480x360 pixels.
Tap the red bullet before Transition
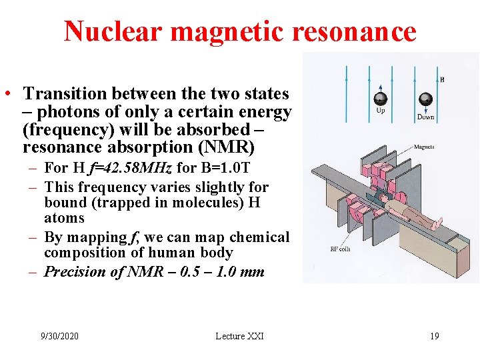11,95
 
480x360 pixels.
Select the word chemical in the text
259,237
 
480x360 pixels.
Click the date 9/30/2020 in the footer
59,336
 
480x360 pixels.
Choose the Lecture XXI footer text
239,336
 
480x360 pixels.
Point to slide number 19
434,336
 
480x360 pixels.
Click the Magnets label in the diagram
425,147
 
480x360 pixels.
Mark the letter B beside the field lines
442,79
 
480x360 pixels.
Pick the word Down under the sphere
425,117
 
